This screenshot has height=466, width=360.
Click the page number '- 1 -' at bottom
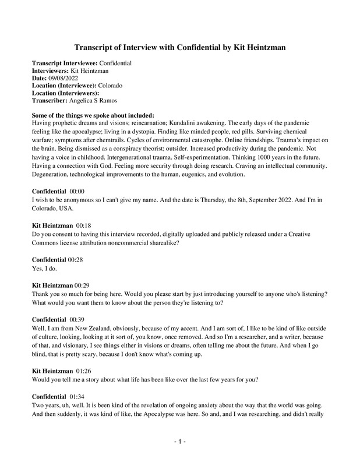pos(180,442)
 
